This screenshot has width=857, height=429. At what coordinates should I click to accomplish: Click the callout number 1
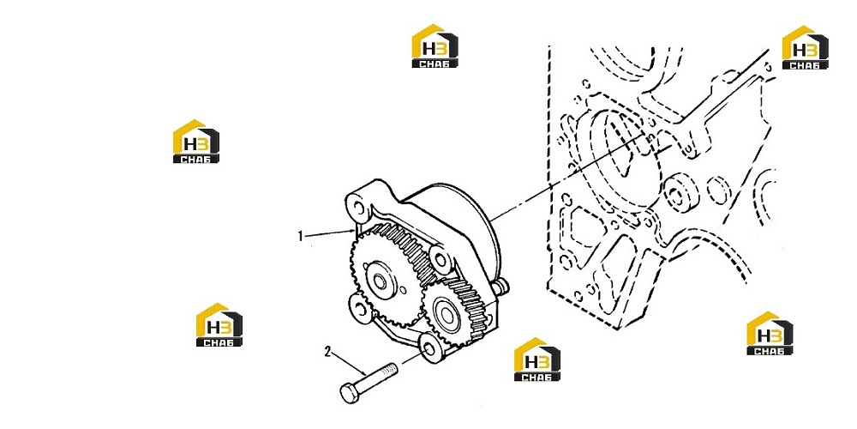click(x=300, y=237)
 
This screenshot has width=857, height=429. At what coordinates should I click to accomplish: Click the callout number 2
click(x=327, y=352)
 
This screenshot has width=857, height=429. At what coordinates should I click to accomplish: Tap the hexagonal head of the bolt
click(x=349, y=393)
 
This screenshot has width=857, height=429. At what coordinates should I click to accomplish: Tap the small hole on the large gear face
click(x=403, y=289)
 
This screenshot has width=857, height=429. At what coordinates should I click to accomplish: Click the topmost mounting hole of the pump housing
click(x=359, y=208)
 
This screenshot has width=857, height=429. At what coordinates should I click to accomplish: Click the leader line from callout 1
click(x=329, y=233)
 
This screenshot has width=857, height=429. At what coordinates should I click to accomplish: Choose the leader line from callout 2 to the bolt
click(x=348, y=363)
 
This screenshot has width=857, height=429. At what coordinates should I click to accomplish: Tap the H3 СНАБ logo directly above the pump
click(x=434, y=45)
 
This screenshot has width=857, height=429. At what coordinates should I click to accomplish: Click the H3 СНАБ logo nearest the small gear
click(x=536, y=359)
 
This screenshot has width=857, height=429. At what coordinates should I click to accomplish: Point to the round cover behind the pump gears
click(x=464, y=224)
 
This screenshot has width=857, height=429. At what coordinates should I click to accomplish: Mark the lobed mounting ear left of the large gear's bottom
click(x=360, y=309)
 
